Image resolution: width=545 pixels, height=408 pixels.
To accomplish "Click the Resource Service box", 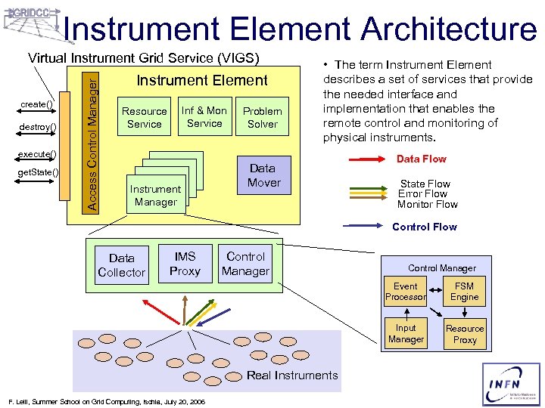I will click(x=145, y=118).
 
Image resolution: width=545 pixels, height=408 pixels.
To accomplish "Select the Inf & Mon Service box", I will click(x=204, y=117).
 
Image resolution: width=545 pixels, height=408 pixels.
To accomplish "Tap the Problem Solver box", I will click(x=263, y=118).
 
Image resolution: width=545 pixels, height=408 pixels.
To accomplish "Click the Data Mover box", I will click(x=263, y=175).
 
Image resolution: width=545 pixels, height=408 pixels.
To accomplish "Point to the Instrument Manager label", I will click(x=155, y=196).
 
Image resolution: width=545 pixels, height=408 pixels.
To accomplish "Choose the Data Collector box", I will click(x=121, y=265).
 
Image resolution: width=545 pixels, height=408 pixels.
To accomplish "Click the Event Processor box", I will click(x=406, y=292).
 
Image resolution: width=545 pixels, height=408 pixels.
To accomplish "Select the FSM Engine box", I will click(x=465, y=292).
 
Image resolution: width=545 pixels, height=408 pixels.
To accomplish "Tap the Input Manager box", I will click(x=406, y=334).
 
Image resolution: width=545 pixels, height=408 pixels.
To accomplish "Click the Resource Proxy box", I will click(x=465, y=334).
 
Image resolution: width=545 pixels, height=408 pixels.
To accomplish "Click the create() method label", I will click(x=36, y=104).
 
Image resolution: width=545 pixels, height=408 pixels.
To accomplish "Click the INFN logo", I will click(x=512, y=384).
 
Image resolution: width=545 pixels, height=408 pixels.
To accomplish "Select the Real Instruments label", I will click(x=292, y=376).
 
